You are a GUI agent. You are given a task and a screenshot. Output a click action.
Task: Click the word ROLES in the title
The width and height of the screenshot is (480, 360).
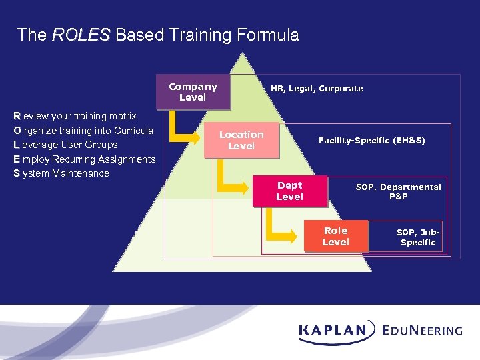[81, 35]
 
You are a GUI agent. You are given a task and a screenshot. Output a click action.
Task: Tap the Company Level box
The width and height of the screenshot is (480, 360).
[193, 92]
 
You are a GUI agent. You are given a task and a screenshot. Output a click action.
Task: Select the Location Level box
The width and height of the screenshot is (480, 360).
[241, 140]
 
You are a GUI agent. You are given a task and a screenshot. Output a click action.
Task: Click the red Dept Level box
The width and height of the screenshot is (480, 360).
[289, 191]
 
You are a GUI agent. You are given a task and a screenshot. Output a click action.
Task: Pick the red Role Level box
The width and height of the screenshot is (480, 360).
[335, 236]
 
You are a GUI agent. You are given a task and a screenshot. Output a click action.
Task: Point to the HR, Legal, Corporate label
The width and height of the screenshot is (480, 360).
[317, 89]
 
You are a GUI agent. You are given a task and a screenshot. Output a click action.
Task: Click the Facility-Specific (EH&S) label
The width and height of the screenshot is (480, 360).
[371, 141]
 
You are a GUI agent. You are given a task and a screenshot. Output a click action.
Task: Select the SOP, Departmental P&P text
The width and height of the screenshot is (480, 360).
[398, 192]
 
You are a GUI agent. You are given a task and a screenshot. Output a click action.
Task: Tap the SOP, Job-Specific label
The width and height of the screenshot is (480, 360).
[418, 237]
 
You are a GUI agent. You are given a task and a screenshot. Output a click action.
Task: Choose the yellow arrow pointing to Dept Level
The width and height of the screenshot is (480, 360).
[241, 181]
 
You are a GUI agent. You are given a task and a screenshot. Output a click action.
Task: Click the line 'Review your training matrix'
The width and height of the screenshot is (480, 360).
[75, 116]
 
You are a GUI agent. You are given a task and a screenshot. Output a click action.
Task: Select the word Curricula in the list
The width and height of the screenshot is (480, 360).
[133, 130]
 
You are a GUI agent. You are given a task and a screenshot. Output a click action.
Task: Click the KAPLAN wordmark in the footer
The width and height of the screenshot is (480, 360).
[333, 330]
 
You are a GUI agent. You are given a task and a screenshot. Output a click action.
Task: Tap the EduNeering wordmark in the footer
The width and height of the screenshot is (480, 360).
[422, 330]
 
